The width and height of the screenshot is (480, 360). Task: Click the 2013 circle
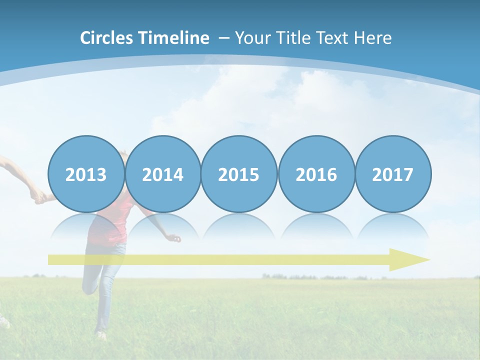86,174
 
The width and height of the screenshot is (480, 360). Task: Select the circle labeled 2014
163,174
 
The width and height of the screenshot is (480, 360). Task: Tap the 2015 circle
239,174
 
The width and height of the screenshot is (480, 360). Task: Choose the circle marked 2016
316,174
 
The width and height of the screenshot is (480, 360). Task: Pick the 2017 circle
393,174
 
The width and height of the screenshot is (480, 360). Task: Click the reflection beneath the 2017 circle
393,227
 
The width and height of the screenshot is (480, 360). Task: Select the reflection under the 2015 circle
239,227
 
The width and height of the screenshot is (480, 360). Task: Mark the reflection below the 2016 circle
316,227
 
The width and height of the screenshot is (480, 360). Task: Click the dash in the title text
223,38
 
